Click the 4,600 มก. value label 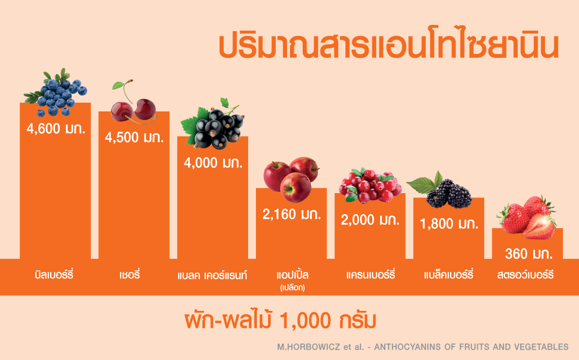pyautogui.click(x=56, y=129)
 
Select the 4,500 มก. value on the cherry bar pyautogui.click(x=134, y=138)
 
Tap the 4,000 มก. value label pyautogui.click(x=214, y=163)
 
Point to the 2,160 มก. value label pyautogui.click(x=292, y=214)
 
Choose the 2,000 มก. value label pyautogui.click(x=370, y=220)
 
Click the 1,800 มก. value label pyautogui.click(x=449, y=224)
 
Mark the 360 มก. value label pyautogui.click(x=529, y=254)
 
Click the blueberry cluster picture pyautogui.click(x=55, y=92)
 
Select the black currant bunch pyautogui.click(x=212, y=124)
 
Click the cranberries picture pyautogui.click(x=370, y=185)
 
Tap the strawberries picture pyautogui.click(x=526, y=217)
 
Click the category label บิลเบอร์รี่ pyautogui.click(x=54, y=275)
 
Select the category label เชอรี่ pyautogui.click(x=129, y=275)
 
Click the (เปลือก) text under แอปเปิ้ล pyautogui.click(x=292, y=288)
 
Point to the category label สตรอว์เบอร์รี pyautogui.click(x=525, y=275)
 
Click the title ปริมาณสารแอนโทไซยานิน pyautogui.click(x=388, y=47)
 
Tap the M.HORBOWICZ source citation pyautogui.click(x=423, y=347)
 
